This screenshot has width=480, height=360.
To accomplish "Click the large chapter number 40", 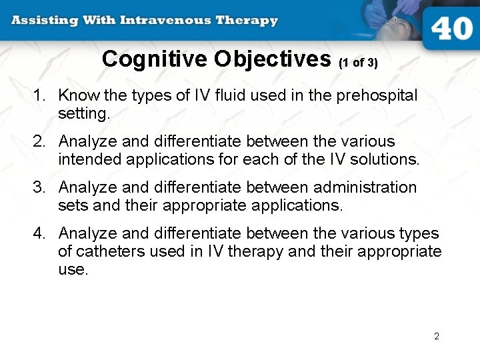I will point(451,29).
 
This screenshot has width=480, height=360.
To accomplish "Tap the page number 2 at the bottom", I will point(437,336).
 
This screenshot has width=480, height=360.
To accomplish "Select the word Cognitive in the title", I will point(155,59).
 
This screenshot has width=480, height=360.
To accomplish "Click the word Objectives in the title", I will point(272,59).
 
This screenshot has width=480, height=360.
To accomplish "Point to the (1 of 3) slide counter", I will point(358,63).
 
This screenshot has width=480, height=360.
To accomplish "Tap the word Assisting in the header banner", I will point(43,20).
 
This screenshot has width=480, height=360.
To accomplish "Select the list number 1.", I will point(38,96).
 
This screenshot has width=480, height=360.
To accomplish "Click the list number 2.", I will point(38,142).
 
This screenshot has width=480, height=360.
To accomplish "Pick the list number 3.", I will point(38,188).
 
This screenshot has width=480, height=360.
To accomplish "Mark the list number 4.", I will point(38,234).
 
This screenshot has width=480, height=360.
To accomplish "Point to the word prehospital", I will point(377,96).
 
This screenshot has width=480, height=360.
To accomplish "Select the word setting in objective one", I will point(83,114).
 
